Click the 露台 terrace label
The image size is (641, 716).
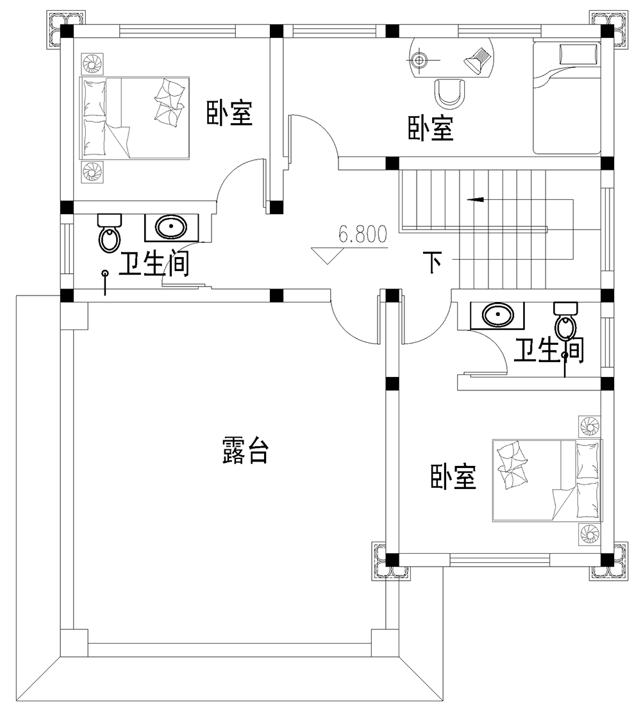coord(245,451)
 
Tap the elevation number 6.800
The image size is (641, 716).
coord(363,235)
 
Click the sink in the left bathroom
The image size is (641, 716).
coord(171,228)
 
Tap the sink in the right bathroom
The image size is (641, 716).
coord(496,315)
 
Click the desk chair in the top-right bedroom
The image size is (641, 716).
coord(450,92)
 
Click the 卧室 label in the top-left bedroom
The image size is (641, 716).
coord(229,113)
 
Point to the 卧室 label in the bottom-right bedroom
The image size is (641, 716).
coord(453,478)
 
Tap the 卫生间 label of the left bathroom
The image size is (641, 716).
coord(153,265)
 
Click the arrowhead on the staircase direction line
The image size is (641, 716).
coord(475,200)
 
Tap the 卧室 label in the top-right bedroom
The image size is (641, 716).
coord(431,129)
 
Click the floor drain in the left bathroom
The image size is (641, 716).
coord(105,274)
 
